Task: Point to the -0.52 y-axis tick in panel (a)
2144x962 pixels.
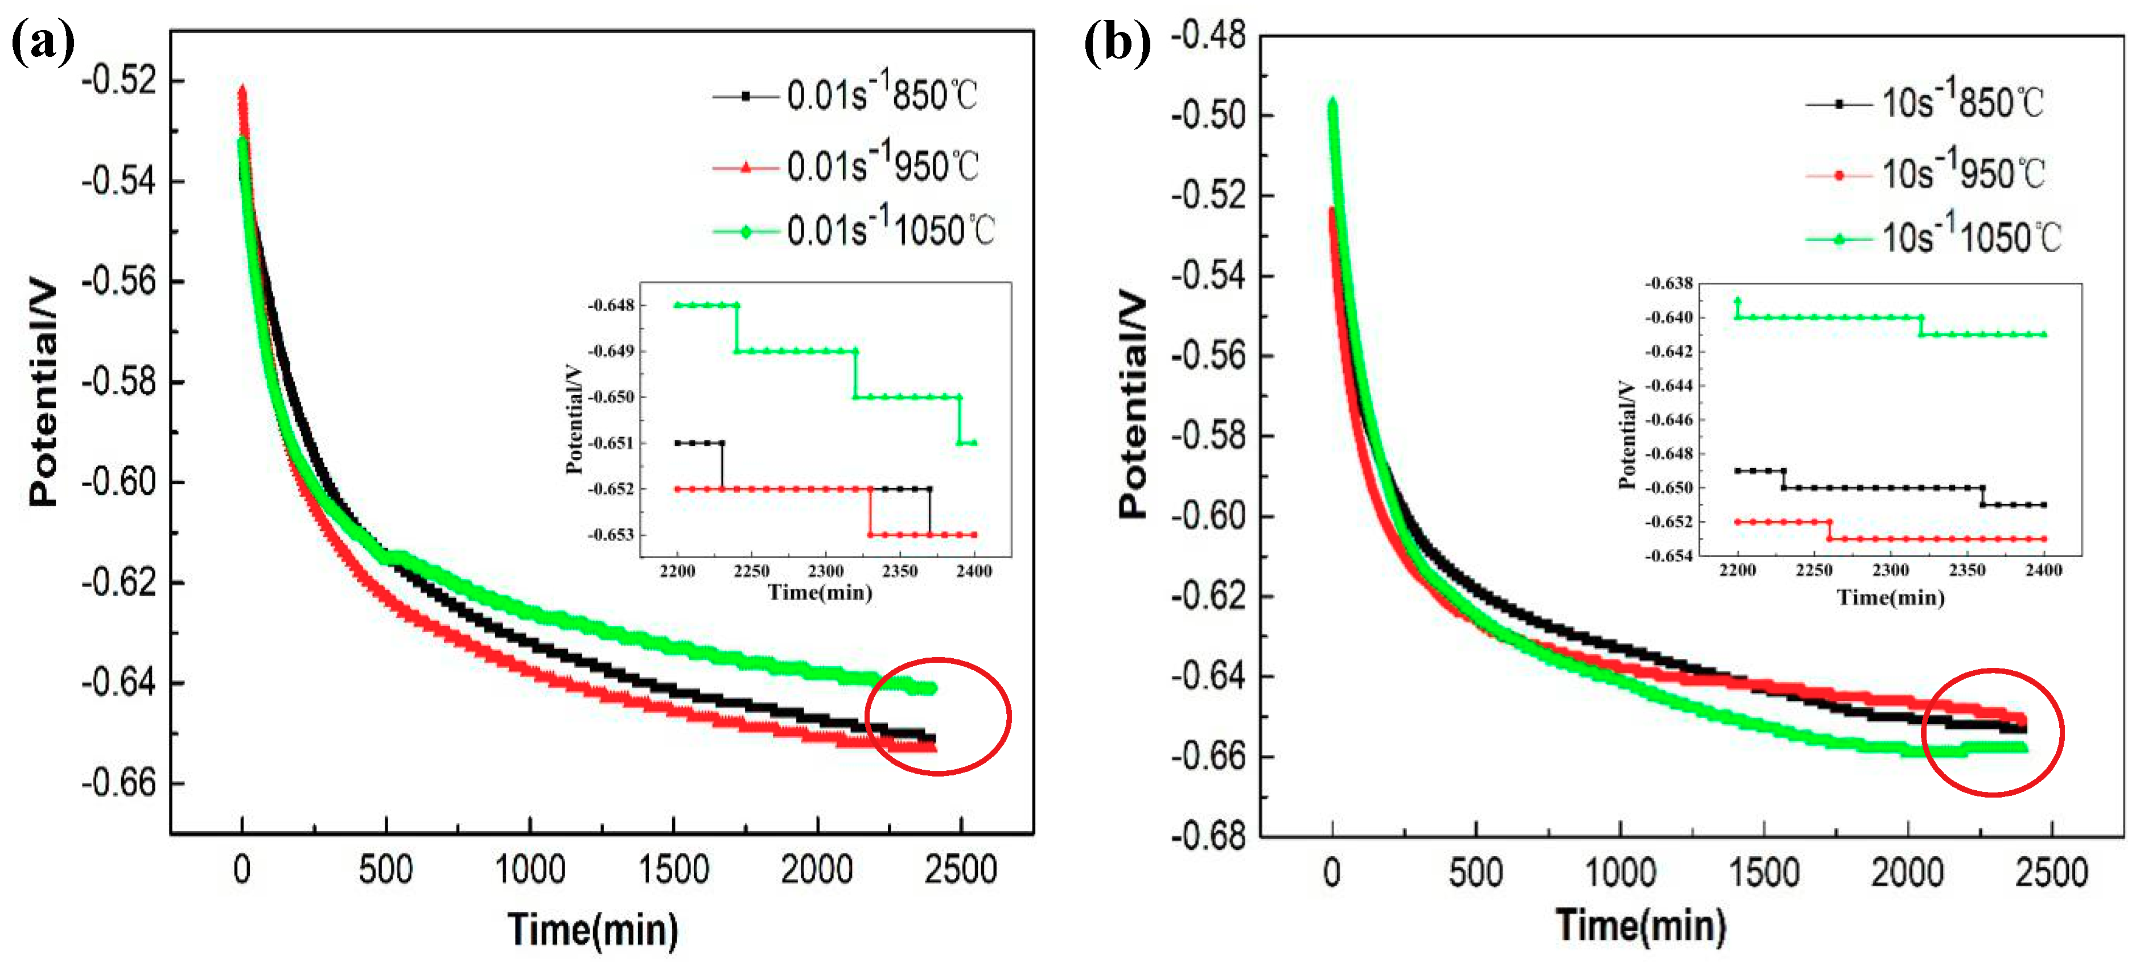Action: pos(119,81)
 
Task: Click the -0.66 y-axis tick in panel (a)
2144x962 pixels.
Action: pos(119,782)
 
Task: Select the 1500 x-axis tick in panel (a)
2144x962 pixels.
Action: pos(673,870)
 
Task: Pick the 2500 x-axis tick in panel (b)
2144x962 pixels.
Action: pos(2051,872)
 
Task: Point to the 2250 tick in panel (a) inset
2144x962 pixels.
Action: pos(751,571)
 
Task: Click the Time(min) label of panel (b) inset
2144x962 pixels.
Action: pos(1890,597)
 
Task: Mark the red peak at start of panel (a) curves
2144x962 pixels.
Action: pos(242,92)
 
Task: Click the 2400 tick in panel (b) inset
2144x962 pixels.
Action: pos(2043,570)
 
